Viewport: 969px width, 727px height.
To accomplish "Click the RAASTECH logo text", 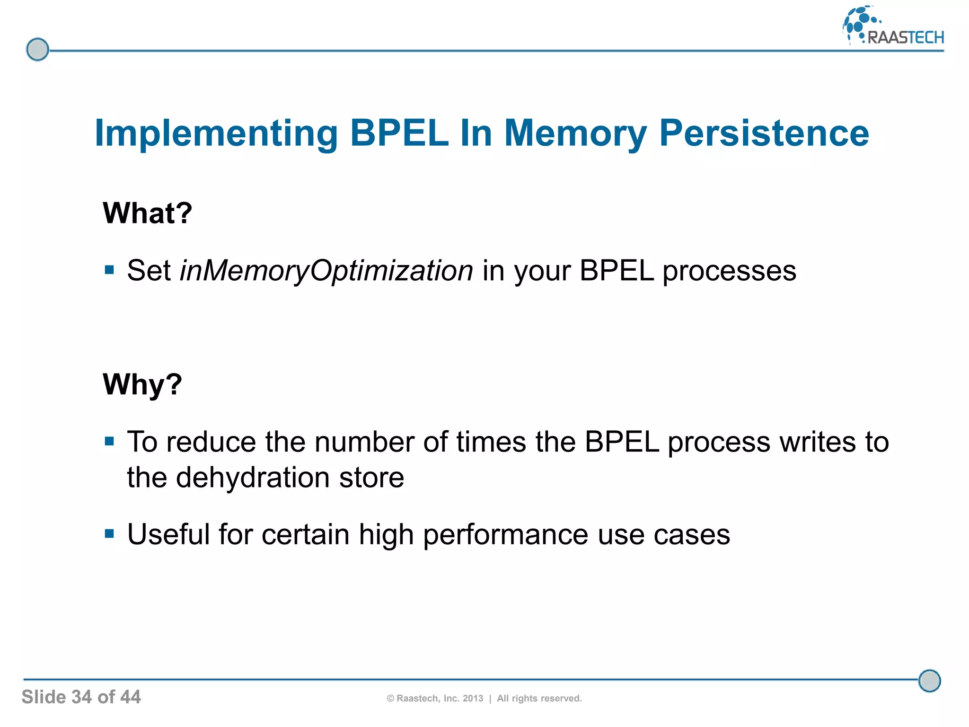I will click(x=905, y=37).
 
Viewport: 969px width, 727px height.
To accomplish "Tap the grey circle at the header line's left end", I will click(x=37, y=49).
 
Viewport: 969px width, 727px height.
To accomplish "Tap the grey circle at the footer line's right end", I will click(x=929, y=681).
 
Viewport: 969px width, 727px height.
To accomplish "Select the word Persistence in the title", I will click(x=764, y=133).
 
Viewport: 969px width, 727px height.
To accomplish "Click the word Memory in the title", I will click(x=575, y=134).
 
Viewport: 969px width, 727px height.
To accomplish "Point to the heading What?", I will click(x=147, y=213).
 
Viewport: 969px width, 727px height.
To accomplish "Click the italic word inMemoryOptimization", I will click(x=326, y=271).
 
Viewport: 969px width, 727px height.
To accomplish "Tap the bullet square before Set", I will click(x=110, y=270).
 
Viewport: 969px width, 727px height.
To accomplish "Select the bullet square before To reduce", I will click(x=110, y=442).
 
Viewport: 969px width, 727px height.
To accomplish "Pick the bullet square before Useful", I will click(x=110, y=534).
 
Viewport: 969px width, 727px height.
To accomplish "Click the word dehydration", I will click(x=253, y=477).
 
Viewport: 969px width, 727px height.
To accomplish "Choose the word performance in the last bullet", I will click(x=505, y=535).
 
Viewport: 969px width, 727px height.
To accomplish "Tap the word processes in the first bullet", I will click(x=729, y=271).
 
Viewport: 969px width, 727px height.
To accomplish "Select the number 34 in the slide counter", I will click(x=81, y=697).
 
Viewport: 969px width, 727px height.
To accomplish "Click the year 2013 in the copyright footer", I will click(x=473, y=699).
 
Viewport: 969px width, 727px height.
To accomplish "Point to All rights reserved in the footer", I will click(x=539, y=699).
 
